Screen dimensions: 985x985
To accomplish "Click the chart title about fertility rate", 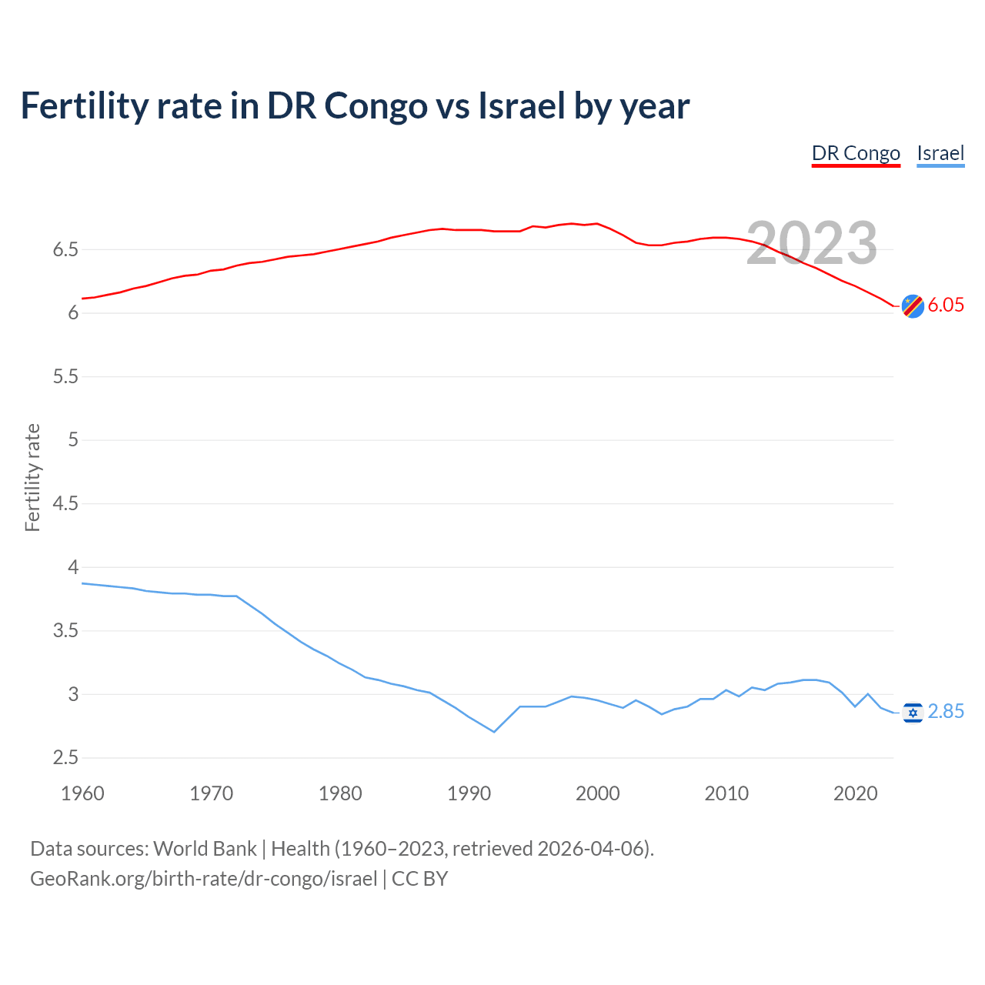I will tap(355, 105).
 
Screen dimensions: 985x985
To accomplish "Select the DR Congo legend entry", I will tap(856, 153).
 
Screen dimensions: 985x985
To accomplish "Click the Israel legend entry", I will tap(940, 153).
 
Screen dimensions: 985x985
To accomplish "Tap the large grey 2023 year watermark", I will tap(812, 243).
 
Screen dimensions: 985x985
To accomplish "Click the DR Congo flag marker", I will tap(913, 306).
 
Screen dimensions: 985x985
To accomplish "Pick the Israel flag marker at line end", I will tap(913, 713).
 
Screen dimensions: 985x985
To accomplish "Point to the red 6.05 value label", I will tap(946, 305).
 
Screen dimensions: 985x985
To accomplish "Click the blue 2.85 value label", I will tap(946, 712).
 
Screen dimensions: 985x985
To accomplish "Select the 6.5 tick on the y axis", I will tap(65, 249).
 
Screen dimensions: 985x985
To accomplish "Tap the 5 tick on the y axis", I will tap(73, 439).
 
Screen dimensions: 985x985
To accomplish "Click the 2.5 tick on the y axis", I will tap(65, 757).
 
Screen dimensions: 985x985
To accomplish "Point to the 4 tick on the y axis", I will tap(73, 567).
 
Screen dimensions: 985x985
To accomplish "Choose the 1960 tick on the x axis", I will tap(82, 793).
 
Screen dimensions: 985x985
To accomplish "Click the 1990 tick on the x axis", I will tap(469, 793).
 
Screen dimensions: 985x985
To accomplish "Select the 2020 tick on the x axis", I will tap(855, 793).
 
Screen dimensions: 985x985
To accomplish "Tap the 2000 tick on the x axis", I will tap(597, 793).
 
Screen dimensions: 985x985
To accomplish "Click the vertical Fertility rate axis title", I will tap(32, 477).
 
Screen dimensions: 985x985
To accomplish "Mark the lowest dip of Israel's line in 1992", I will tap(494, 732).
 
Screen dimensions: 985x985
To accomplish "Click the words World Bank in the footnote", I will tap(205, 849).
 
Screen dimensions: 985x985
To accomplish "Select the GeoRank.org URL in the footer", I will tap(203, 879).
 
